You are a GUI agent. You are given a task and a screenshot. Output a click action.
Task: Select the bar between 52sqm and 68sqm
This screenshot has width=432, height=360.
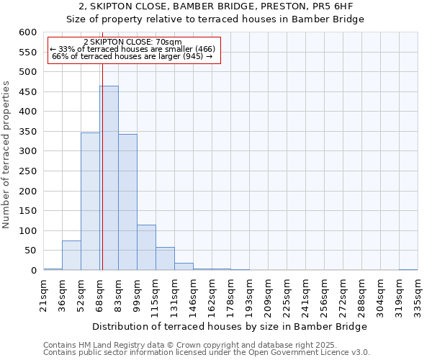90,202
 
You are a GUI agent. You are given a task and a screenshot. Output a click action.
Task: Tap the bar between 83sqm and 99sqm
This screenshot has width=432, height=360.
127,202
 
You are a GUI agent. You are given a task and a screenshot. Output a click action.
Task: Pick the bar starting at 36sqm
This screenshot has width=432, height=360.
71,256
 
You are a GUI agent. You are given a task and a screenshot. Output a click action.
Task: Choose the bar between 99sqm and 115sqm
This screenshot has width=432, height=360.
146,248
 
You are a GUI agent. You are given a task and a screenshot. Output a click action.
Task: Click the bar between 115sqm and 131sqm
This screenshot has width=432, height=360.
165,258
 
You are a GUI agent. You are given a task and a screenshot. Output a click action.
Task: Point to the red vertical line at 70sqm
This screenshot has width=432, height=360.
102,158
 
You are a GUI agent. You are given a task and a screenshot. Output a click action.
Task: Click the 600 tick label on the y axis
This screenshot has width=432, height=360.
28,32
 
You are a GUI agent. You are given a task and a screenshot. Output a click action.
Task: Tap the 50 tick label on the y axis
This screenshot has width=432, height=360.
31,251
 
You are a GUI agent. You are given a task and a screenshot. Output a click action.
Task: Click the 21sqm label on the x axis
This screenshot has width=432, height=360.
43,294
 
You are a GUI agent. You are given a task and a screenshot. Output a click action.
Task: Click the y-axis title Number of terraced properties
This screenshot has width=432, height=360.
6,155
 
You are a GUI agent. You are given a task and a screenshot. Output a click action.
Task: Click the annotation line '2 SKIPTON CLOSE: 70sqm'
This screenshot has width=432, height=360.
133,42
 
